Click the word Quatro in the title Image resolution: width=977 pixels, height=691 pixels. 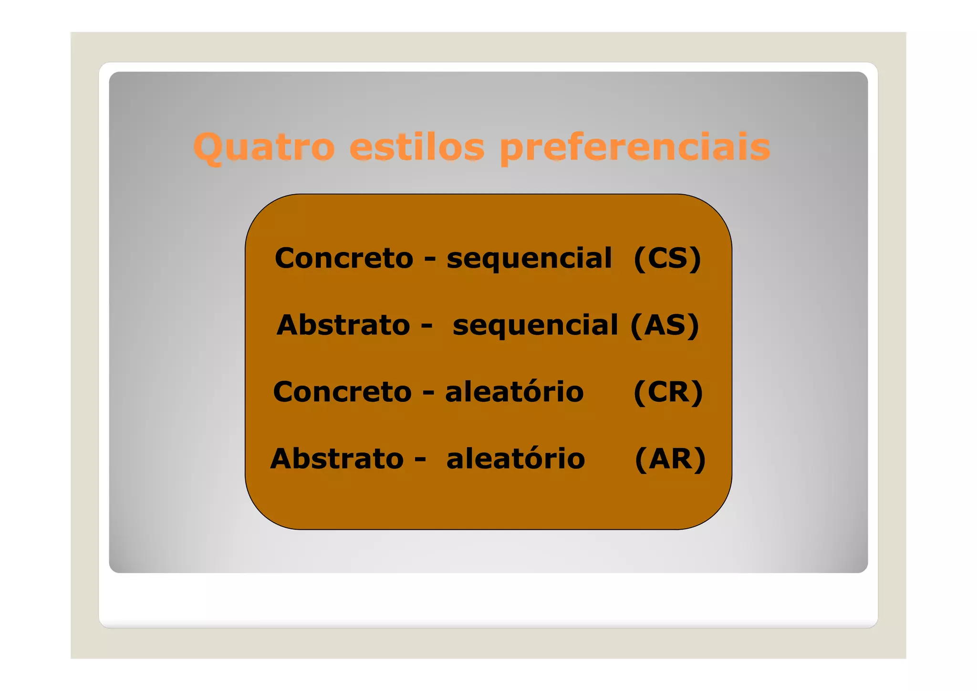[264, 147]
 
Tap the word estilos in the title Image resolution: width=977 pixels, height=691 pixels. [417, 147]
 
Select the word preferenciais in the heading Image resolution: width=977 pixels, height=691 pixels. [635, 147]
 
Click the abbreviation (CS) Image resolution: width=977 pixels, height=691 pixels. [667, 259]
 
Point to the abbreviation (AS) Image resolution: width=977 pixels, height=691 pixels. [665, 325]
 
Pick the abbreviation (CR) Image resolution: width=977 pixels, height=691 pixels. [668, 392]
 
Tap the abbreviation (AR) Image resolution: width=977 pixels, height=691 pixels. [670, 459]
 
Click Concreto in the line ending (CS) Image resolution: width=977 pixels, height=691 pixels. [344, 259]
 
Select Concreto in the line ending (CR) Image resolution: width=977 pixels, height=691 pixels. [342, 392]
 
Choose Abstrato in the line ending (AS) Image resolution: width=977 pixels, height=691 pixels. [343, 325]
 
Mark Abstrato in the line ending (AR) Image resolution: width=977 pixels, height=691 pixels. [337, 459]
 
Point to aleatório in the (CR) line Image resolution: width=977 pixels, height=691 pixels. [514, 392]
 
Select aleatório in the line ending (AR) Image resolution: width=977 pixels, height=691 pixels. [516, 459]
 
